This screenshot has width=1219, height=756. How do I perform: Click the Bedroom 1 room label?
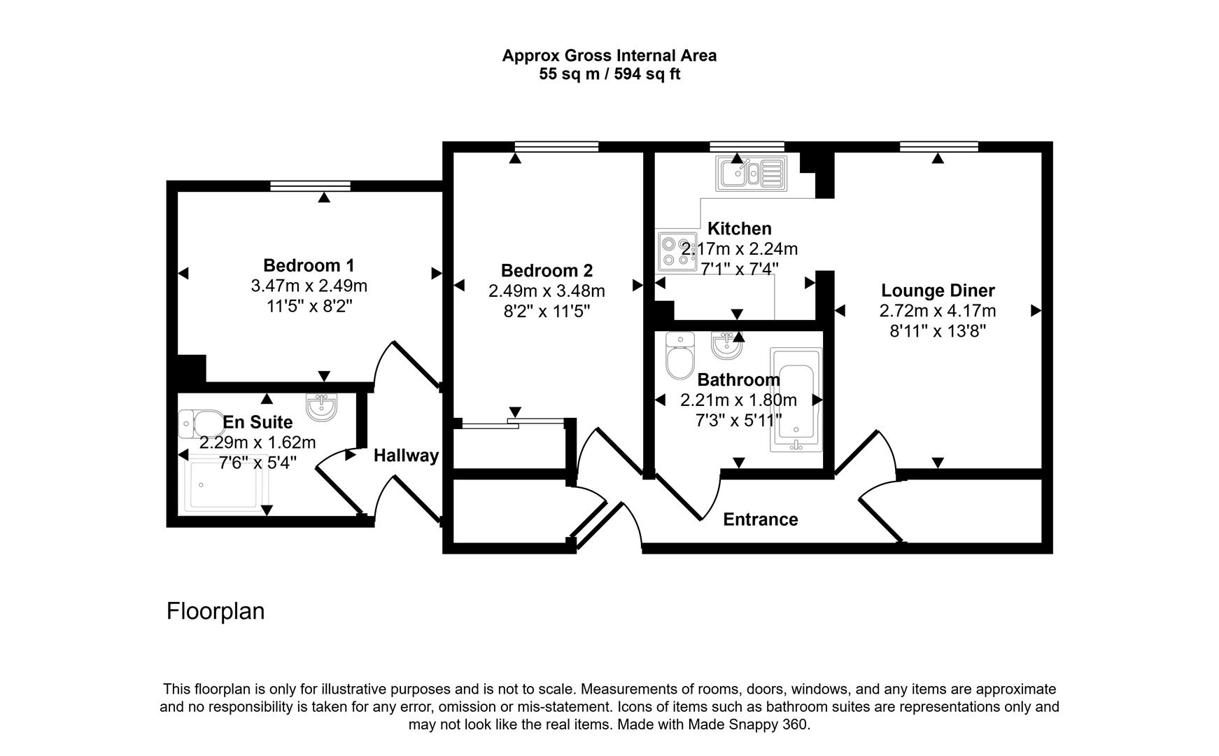309,266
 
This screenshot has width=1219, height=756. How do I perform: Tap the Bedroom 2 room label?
547,271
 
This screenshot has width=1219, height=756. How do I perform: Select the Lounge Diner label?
938,290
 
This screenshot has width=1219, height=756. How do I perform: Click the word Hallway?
406,456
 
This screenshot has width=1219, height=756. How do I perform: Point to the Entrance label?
760,519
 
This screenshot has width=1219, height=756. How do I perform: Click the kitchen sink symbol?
750,172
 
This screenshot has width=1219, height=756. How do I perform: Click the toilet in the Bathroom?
679,355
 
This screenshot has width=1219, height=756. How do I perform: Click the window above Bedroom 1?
310,185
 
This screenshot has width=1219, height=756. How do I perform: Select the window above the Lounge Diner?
938,146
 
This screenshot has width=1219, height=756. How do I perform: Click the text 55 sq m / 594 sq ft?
609,74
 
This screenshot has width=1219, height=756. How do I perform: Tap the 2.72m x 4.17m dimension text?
938,311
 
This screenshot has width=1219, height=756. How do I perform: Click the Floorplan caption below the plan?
216,611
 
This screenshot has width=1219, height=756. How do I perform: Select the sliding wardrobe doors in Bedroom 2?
512,423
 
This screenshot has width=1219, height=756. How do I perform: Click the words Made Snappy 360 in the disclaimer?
747,725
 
